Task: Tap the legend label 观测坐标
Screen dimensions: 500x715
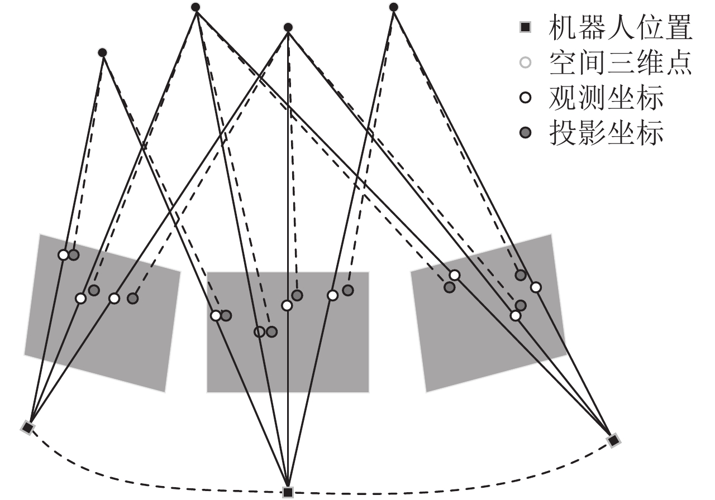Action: [606, 98]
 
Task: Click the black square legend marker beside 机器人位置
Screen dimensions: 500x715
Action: [525, 27]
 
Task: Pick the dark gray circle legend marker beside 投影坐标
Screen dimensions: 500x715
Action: [525, 133]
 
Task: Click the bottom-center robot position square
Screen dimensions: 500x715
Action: [288, 492]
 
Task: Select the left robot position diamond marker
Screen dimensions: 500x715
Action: [28, 427]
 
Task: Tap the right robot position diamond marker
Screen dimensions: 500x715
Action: [613, 440]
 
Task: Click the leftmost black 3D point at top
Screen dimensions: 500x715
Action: [102, 52]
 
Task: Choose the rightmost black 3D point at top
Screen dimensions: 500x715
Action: [393, 7]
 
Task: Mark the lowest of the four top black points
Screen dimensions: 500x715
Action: [102, 52]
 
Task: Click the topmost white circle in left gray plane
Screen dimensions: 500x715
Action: [63, 255]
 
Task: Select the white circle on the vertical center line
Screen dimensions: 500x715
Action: [287, 305]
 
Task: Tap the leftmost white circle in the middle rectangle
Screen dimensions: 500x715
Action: [216, 315]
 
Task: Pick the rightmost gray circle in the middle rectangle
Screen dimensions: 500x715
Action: [348, 290]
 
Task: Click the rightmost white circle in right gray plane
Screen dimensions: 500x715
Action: [536, 287]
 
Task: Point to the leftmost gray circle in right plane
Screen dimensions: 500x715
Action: [449, 287]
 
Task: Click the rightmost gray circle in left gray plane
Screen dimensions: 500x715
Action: [132, 298]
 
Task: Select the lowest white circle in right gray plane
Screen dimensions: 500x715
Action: [516, 315]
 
